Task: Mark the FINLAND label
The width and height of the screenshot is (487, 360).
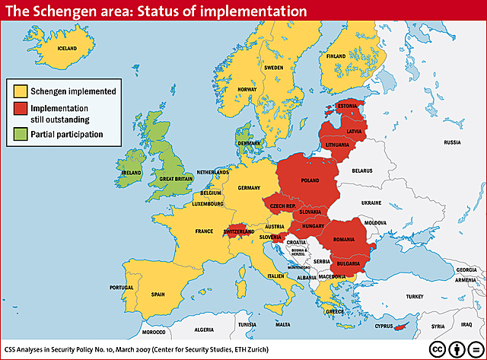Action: (x=336, y=56)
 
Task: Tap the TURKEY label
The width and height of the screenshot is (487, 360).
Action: (x=414, y=296)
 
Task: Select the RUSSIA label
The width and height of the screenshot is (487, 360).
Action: (x=452, y=142)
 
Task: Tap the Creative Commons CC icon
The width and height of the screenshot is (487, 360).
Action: (x=438, y=347)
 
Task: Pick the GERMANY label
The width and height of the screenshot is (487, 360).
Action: (x=249, y=187)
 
